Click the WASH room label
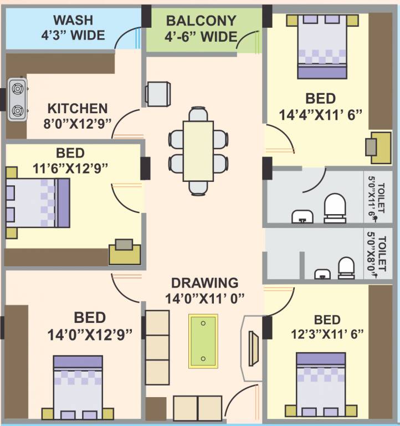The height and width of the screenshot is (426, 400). pyautogui.click(x=73, y=21)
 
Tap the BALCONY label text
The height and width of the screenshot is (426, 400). pyautogui.click(x=201, y=21)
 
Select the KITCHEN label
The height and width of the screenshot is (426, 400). pyautogui.click(x=77, y=108)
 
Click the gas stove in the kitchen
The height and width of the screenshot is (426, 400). pyautogui.click(x=18, y=100)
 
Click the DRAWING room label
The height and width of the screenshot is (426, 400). pyautogui.click(x=204, y=282)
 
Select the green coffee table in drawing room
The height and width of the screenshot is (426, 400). pyautogui.click(x=203, y=341)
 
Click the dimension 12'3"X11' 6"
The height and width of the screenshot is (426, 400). pyautogui.click(x=326, y=336)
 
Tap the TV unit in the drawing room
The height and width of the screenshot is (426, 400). pyautogui.click(x=253, y=348)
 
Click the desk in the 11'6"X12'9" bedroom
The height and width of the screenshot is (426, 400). pyautogui.click(x=125, y=252)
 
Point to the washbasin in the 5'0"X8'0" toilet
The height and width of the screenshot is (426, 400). pyautogui.click(x=321, y=273)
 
